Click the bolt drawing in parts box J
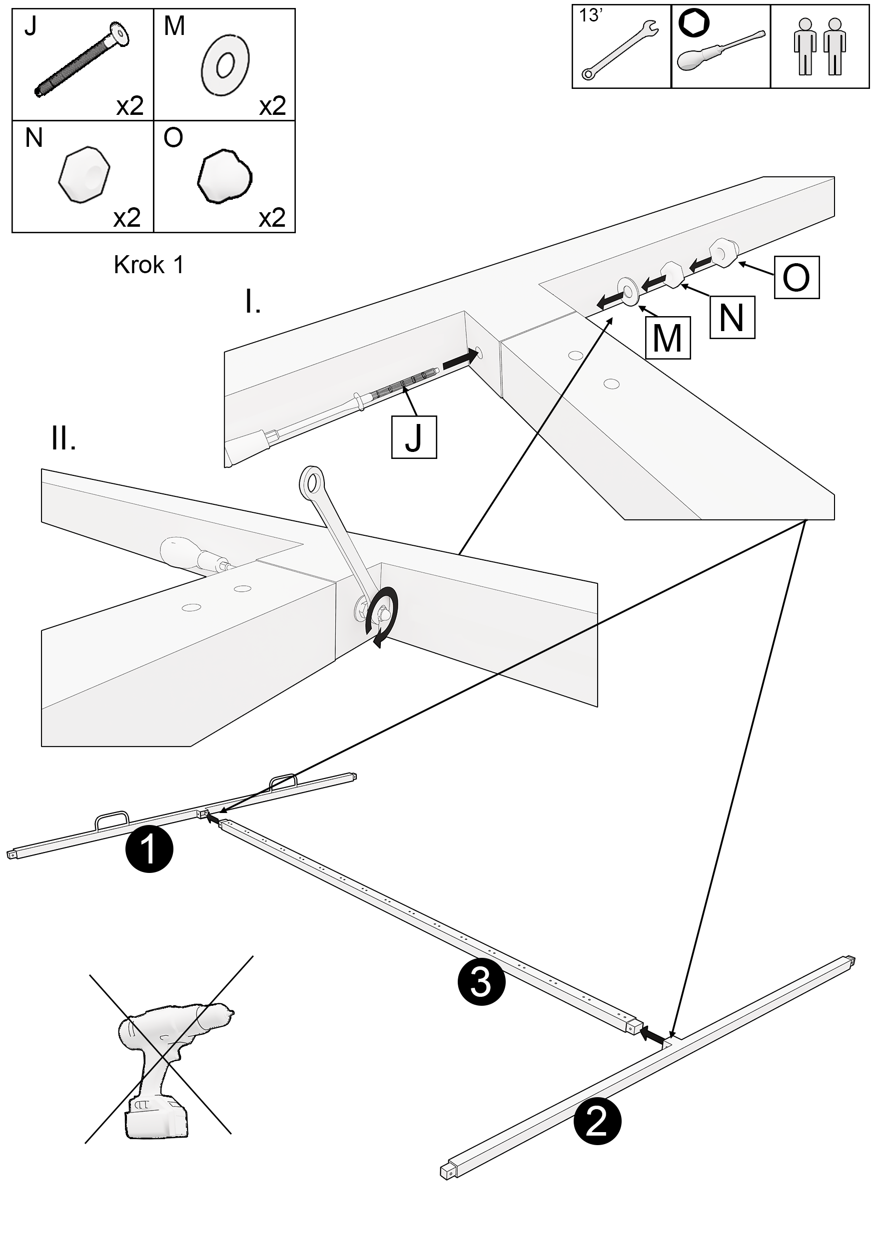tap(83, 59)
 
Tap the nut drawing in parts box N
tap(83, 174)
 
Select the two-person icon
tap(820, 46)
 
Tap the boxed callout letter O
tap(796, 277)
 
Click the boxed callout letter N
tap(732, 317)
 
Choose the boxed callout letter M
tap(667, 337)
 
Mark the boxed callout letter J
tap(414, 437)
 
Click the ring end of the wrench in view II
tap(311, 480)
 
